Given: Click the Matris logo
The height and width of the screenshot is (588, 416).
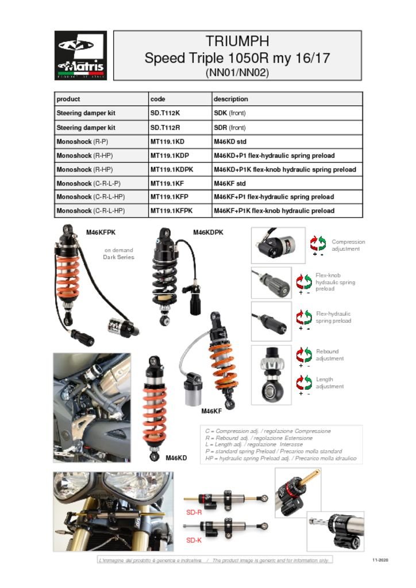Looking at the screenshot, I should tap(80, 55).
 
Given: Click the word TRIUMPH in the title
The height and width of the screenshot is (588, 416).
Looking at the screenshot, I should tap(237, 41).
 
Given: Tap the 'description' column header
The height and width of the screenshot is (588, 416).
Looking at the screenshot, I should tap(231, 99).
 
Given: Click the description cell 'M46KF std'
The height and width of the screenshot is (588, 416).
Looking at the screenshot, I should tap(230, 183).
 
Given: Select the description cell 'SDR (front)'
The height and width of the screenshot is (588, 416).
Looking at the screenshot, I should tap(230, 127).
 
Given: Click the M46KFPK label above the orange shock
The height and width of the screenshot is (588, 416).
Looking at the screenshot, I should tap(101, 233).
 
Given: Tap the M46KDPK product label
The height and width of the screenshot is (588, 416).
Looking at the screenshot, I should tap(208, 233).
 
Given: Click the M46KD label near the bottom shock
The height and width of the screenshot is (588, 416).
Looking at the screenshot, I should tap(176, 458).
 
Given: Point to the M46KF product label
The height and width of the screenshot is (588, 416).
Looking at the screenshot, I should tap(211, 411).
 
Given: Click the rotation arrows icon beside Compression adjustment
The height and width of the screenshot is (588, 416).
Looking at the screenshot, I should tap(318, 243).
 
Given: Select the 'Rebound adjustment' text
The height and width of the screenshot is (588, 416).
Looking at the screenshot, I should tap(330, 355).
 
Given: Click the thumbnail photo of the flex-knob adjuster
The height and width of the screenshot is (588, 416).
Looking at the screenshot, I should tap(271, 283).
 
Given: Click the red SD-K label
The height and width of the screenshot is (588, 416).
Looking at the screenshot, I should tap(194, 540).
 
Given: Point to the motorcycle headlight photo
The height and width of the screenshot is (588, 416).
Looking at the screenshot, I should tap(113, 512).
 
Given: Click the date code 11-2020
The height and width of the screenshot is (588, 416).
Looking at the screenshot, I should tap(380, 560).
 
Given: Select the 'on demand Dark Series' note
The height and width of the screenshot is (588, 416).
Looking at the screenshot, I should tap(119, 254).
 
